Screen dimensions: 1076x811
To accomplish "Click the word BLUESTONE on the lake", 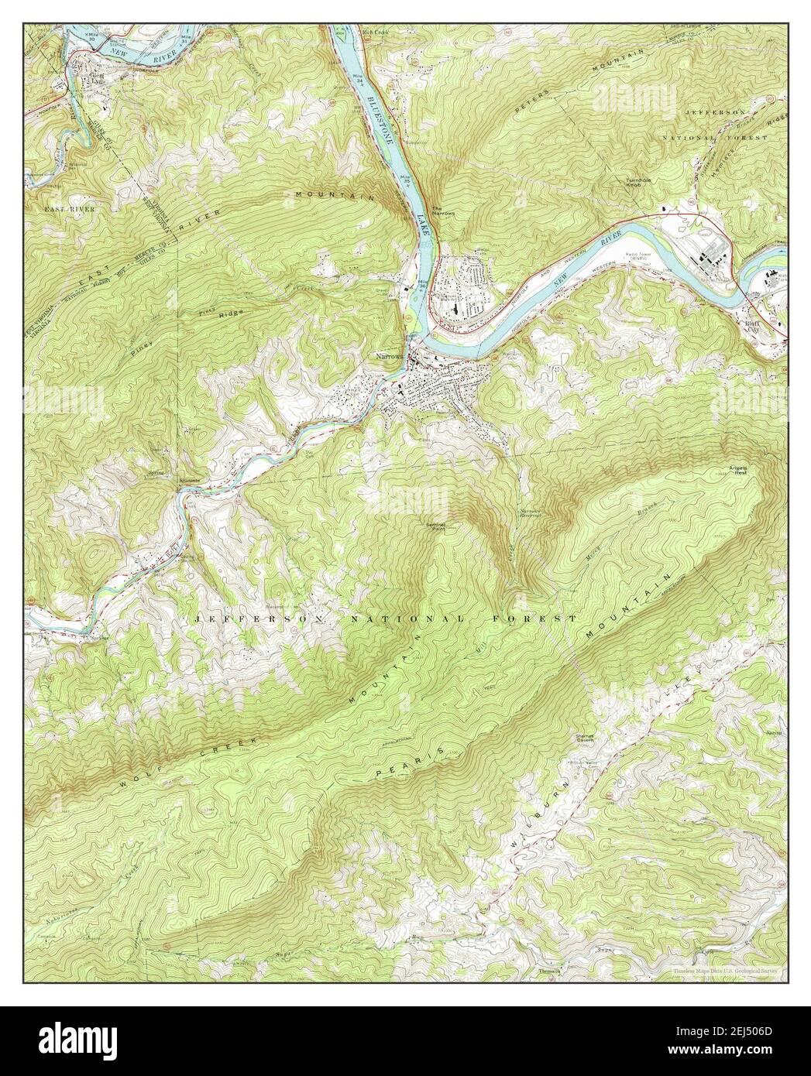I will (381, 117).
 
